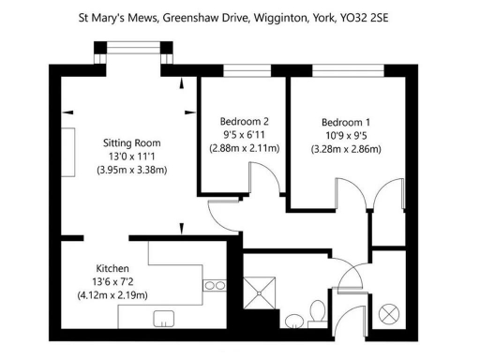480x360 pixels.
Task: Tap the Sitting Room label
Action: pyautogui.click(x=131, y=143)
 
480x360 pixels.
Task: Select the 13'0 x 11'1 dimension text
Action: pyautogui.click(x=131, y=157)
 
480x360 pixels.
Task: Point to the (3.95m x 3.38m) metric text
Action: pyautogui.click(x=131, y=171)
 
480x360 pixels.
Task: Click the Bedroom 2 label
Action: pyautogui.click(x=245, y=121)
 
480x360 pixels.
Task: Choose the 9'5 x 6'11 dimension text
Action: pyautogui.click(x=245, y=134)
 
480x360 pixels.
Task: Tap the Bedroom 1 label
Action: pyautogui.click(x=346, y=122)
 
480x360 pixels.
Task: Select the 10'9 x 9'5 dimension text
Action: pyautogui.click(x=346, y=135)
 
